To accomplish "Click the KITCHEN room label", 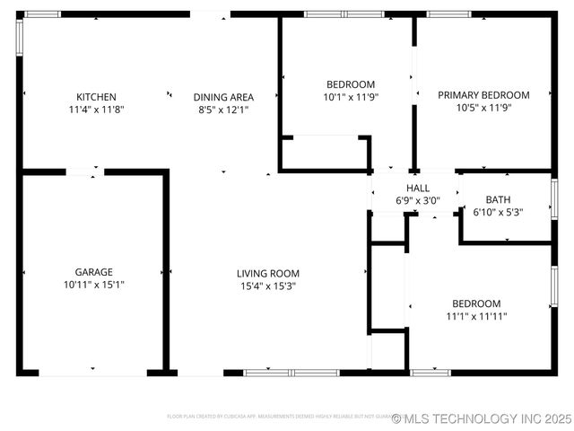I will pyautogui.click(x=96, y=97).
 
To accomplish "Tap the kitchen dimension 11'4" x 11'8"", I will pyautogui.click(x=96, y=110).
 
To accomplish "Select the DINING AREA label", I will pyautogui.click(x=223, y=97).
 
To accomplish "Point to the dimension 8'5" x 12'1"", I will pyautogui.click(x=223, y=110).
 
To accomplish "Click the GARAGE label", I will pyautogui.click(x=93, y=272).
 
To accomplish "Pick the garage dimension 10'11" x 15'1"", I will pyautogui.click(x=93, y=285).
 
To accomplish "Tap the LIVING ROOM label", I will pyautogui.click(x=267, y=273).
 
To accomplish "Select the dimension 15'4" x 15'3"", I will pyautogui.click(x=267, y=286).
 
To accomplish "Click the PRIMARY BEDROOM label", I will pyautogui.click(x=483, y=94).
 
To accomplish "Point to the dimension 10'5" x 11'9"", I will pyautogui.click(x=483, y=108).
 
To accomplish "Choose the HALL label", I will pyautogui.click(x=417, y=188).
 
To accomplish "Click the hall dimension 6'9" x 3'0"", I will pyautogui.click(x=417, y=200).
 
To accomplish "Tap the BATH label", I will pyautogui.click(x=498, y=199).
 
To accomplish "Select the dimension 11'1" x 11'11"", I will pyautogui.click(x=476, y=316).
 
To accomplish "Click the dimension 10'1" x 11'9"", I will pyautogui.click(x=349, y=97).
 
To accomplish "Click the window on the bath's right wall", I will pyautogui.click(x=554, y=199).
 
